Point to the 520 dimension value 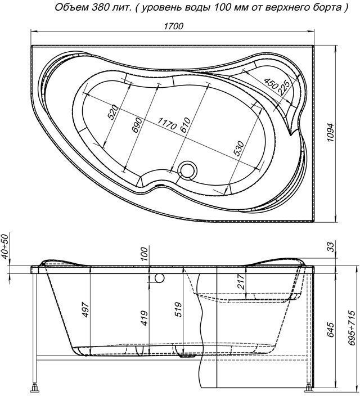[112, 112]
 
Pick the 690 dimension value [135, 125]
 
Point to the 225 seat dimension [284, 87]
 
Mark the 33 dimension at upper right [330, 246]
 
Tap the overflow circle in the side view [159, 278]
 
